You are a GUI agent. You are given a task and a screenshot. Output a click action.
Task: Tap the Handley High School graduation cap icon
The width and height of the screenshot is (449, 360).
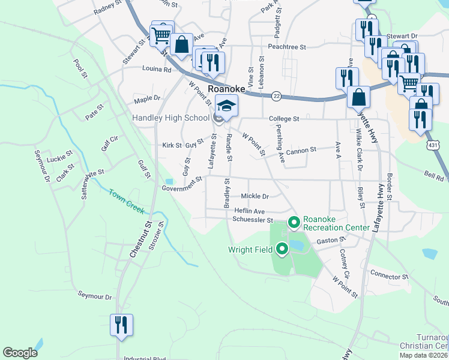coord(226,106)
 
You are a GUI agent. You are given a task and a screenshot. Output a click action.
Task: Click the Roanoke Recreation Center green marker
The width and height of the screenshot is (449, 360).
coord(294,223)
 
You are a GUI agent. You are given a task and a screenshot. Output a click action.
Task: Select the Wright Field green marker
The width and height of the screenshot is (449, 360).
coord(283,250)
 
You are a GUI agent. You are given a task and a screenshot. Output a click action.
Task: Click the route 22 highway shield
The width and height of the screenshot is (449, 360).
coord(276,96)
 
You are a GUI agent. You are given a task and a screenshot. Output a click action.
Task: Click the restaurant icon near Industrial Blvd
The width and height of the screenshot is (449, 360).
coord(120,325)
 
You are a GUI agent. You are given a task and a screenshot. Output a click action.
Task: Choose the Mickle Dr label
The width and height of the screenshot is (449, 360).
coord(255,196)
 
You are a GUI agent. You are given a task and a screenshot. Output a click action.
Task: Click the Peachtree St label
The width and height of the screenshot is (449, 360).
coord(288,46)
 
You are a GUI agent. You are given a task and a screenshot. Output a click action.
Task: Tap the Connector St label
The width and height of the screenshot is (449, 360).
coord(389,277)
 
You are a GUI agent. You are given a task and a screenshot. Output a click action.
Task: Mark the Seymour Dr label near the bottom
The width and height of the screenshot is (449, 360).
coord(95,296)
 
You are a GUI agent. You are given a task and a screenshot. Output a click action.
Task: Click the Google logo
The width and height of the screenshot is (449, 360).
coord(20,353)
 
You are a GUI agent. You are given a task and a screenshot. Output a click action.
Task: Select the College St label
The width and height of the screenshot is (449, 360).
coord(284,119)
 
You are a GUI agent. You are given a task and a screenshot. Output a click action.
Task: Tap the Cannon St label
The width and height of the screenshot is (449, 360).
coord(301,151)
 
